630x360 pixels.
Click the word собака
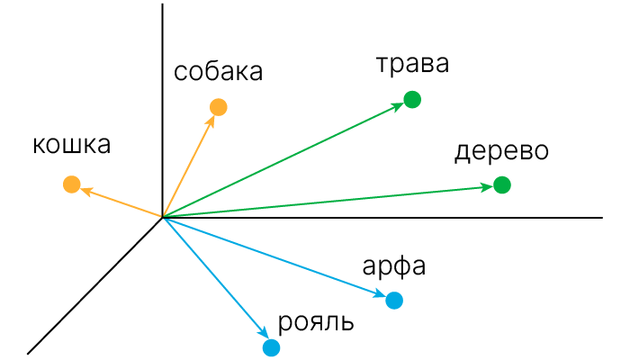[219, 73]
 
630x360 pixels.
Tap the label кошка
[71, 145]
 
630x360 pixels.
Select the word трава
[411, 64]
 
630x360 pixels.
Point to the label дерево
[501, 150]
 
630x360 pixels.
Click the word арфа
[393, 267]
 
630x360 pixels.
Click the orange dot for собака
[218, 108]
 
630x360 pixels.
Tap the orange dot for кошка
[72, 185]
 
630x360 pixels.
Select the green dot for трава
[412, 100]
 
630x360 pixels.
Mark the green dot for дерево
[502, 185]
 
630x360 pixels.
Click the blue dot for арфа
[394, 301]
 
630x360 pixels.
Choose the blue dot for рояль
[271, 346]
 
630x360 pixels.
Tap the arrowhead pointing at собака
[211, 119]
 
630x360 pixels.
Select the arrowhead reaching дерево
[488, 187]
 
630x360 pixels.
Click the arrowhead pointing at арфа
[381, 295]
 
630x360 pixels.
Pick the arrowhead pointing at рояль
[263, 336]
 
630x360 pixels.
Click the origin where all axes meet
[163, 217]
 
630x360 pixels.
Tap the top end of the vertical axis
[163, 4]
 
